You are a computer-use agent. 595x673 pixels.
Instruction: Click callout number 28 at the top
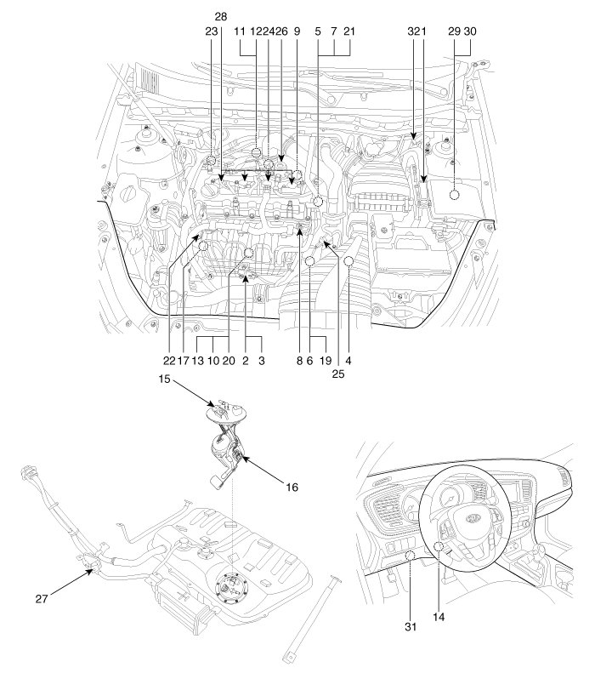[220, 17]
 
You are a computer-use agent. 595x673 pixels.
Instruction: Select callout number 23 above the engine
[212, 31]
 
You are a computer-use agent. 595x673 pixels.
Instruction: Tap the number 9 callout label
[297, 31]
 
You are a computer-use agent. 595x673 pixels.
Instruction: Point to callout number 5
[318, 31]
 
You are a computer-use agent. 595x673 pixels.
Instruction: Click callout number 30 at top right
[470, 31]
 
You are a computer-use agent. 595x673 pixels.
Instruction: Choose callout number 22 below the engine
[169, 361]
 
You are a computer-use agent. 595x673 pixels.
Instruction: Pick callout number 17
[183, 361]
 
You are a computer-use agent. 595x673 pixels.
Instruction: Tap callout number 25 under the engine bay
[338, 374]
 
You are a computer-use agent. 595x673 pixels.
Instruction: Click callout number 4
[348, 361]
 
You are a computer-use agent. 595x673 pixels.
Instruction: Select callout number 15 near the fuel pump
[164, 379]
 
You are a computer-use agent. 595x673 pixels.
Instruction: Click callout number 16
[292, 488]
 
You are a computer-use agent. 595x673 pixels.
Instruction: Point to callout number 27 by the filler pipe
[42, 599]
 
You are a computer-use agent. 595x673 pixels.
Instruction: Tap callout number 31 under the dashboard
[411, 627]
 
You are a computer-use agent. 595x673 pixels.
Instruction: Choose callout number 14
[439, 617]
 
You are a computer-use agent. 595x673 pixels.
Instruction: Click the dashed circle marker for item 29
[454, 195]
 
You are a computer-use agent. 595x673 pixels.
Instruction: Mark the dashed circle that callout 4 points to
[348, 260]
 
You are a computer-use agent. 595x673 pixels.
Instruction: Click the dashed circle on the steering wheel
[439, 546]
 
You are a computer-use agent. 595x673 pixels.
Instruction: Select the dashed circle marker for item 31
[411, 556]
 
